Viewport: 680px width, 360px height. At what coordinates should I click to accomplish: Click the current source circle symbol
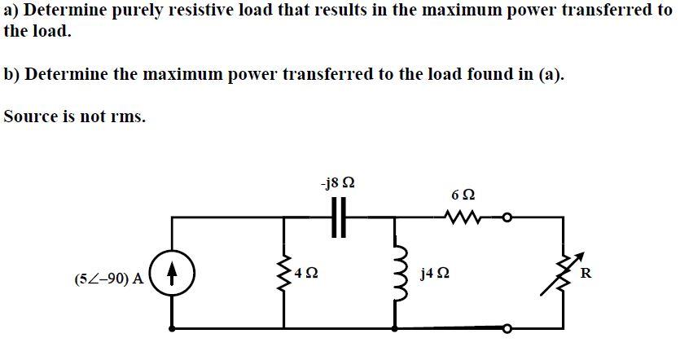pyautogui.click(x=173, y=272)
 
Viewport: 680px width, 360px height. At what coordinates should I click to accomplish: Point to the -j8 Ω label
pyautogui.click(x=337, y=182)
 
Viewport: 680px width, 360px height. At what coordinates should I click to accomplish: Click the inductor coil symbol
pyautogui.click(x=397, y=273)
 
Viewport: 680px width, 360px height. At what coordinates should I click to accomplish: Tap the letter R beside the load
pyautogui.click(x=586, y=272)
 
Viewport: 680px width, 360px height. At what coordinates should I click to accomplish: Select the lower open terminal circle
pyautogui.click(x=507, y=329)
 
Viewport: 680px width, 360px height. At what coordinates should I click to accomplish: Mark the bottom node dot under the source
pyautogui.click(x=173, y=329)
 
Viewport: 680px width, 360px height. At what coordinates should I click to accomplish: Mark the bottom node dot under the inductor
pyautogui.click(x=396, y=329)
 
